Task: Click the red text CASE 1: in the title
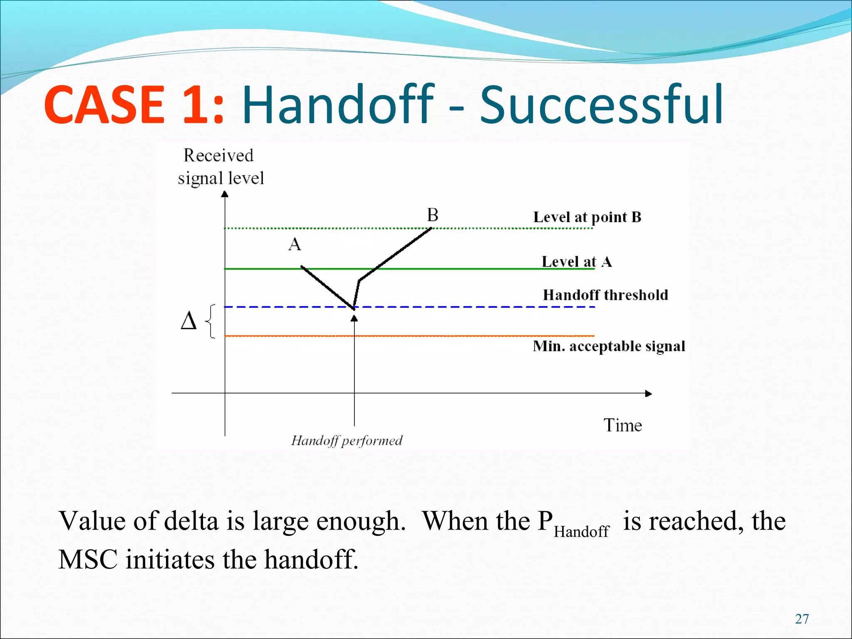[134, 105]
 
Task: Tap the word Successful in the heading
[602, 105]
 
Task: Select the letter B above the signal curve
[433, 215]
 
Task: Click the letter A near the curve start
[295, 244]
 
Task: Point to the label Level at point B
[587, 217]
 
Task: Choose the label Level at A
[576, 262]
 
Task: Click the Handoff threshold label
[605, 295]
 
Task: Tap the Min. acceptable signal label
[609, 346]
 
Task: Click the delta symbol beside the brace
[188, 322]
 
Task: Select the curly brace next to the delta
[211, 322]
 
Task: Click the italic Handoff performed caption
[347, 441]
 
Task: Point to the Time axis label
[622, 426]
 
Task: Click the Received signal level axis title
[220, 167]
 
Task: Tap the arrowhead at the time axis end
[648, 394]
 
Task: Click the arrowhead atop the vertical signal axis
[225, 194]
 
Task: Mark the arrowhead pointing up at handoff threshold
[354, 319]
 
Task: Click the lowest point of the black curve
[354, 309]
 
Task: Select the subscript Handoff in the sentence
[581, 532]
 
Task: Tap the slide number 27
[802, 619]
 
